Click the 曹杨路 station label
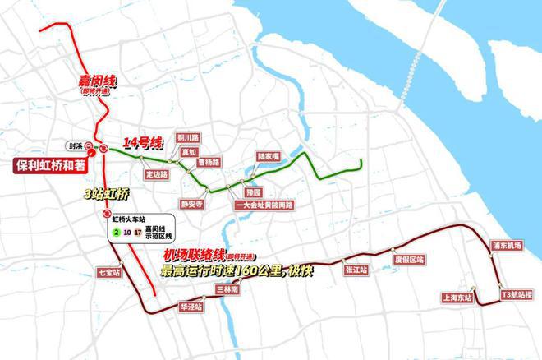point(209,163)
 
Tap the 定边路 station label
point(156,174)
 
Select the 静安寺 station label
point(191,202)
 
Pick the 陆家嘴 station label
point(268,155)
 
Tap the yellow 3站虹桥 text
point(107,194)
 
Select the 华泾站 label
point(191,306)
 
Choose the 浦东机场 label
point(506,246)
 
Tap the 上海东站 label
point(457,298)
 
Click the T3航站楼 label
point(517,294)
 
